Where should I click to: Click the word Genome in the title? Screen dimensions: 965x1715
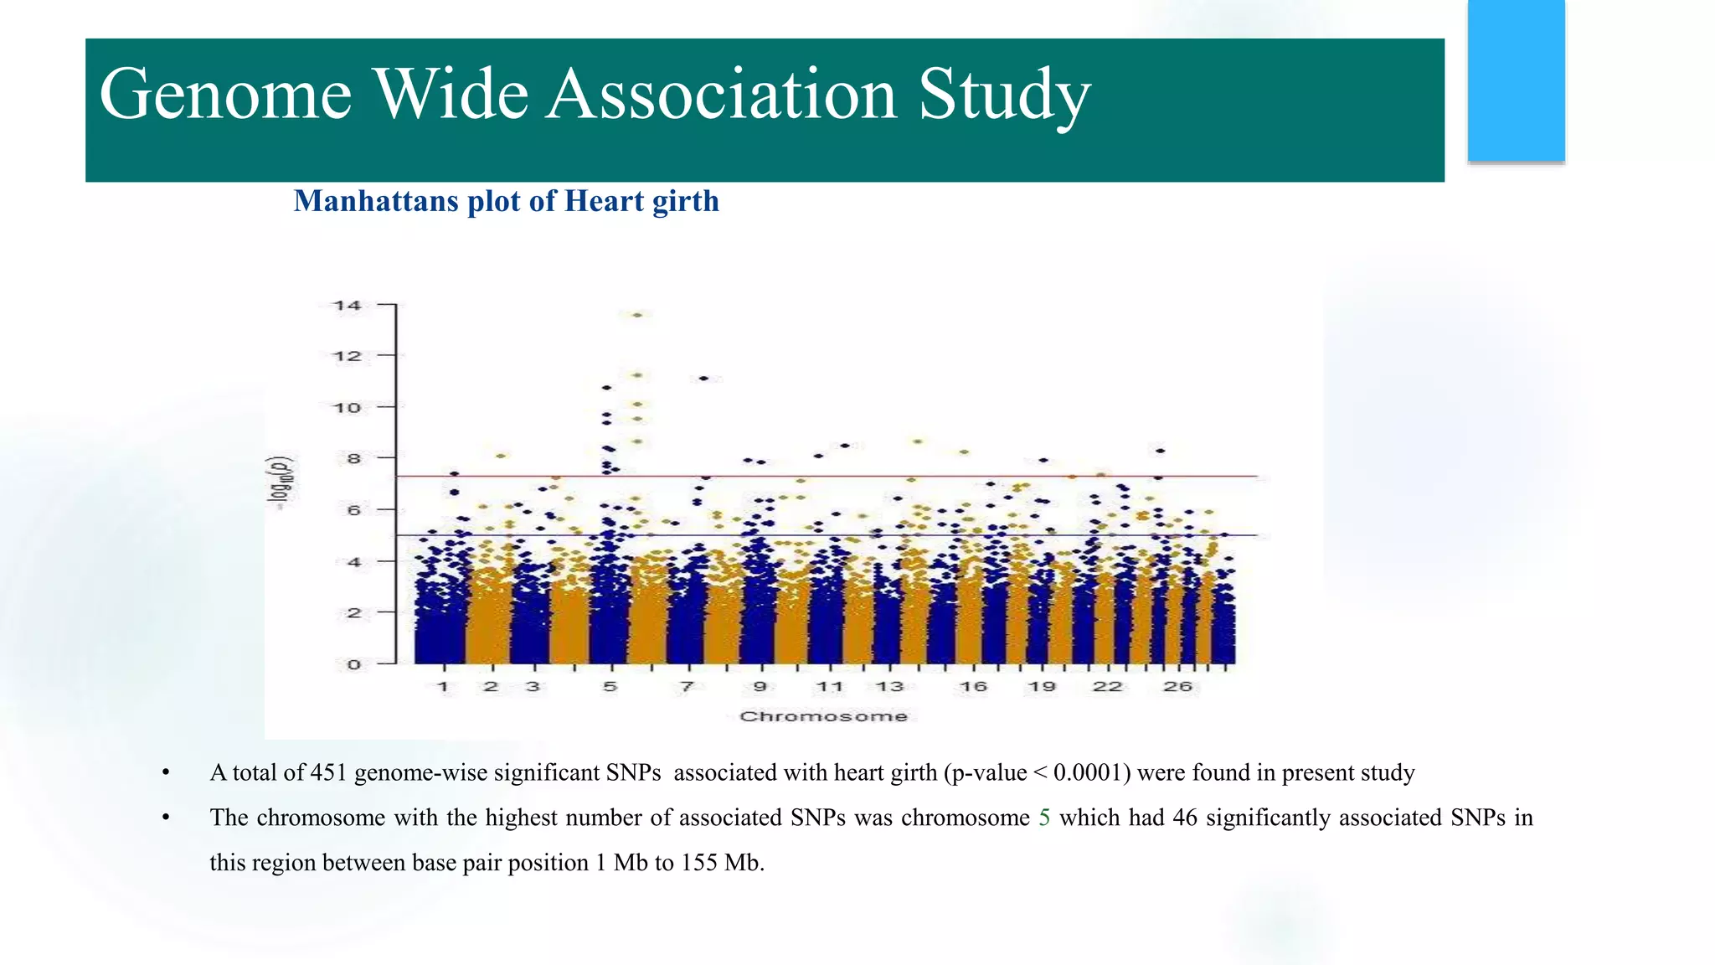pyautogui.click(x=224, y=95)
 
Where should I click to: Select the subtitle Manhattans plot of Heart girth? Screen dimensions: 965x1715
pyautogui.click(x=506, y=201)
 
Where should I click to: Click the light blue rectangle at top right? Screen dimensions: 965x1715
pyautogui.click(x=1516, y=80)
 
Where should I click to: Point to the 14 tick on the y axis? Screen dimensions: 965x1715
pyautogui.click(x=348, y=306)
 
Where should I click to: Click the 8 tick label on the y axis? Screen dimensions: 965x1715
pyautogui.click(x=353, y=459)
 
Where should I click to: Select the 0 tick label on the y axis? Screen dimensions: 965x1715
pyautogui.click(x=353, y=665)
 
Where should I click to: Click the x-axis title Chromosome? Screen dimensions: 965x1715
pyautogui.click(x=823, y=716)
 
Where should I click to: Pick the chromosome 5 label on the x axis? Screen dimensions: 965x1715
pyautogui.click(x=610, y=687)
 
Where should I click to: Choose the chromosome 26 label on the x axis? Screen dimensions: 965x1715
pyautogui.click(x=1177, y=687)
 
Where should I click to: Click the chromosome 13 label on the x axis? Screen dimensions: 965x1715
pyautogui.click(x=889, y=687)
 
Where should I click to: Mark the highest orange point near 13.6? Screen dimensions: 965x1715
pyautogui.click(x=637, y=315)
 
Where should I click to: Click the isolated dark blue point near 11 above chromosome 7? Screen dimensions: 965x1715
pyautogui.click(x=704, y=379)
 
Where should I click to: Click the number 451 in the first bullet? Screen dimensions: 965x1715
pyautogui.click(x=328, y=772)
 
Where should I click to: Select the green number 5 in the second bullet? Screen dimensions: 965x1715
pyautogui.click(x=1044, y=818)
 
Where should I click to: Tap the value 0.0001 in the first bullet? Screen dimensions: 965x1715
pyautogui.click(x=1087, y=772)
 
